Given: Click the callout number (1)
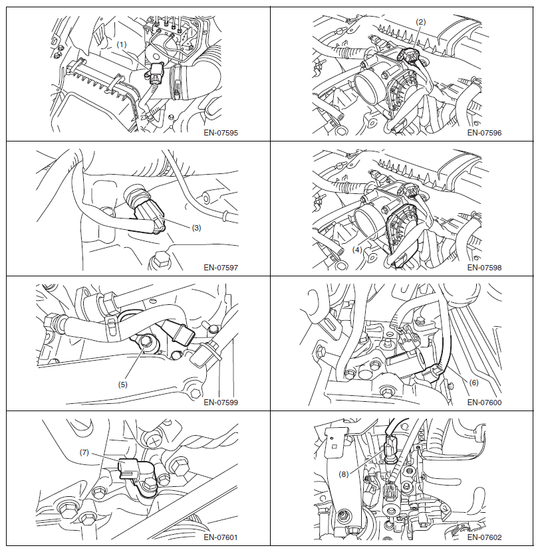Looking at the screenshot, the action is point(121,45).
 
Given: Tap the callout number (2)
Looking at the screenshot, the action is point(420,22).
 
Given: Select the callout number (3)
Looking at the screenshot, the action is point(196,228).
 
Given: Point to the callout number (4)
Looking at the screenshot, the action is point(357,250).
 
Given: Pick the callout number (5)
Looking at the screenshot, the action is point(122,385).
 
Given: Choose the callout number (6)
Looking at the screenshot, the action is point(473,383).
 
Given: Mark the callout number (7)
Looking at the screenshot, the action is point(84,452).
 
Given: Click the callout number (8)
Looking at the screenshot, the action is point(343,474).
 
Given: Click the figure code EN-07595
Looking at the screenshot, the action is point(221,133).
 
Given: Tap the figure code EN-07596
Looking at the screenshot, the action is point(484,133).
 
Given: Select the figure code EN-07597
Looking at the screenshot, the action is point(221,268).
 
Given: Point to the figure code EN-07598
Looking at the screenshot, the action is point(484,268).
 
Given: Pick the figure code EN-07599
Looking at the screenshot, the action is point(221,403).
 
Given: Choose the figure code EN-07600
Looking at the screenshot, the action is point(484,403).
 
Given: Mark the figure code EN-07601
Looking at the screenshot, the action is point(221,537).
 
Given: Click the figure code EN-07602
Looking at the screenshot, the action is point(484,537).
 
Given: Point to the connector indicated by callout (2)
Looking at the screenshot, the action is point(408,55).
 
